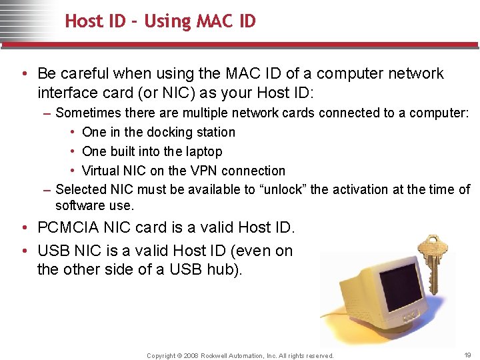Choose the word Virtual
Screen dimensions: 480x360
[103, 171]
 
